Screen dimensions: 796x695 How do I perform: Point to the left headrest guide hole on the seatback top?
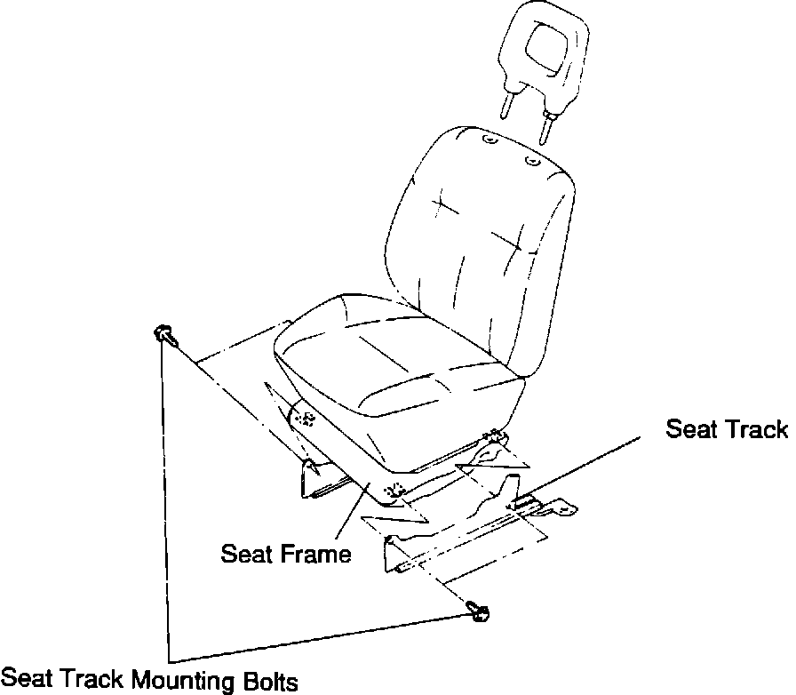click(x=490, y=140)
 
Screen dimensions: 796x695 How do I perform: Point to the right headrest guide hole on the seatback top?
click(x=531, y=162)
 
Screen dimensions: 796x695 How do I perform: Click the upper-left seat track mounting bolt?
click(x=163, y=334)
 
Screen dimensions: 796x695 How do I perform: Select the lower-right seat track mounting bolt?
click(x=481, y=611)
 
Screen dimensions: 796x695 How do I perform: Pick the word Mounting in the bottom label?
click(x=186, y=683)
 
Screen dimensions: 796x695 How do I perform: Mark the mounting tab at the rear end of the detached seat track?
click(x=557, y=508)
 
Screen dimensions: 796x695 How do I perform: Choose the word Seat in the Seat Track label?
click(x=691, y=429)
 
